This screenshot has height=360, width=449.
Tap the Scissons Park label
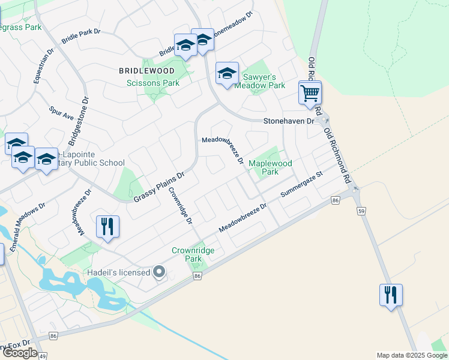pos(153,83)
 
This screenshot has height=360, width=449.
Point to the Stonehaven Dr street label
pos(289,121)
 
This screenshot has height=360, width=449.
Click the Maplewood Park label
pos(270,167)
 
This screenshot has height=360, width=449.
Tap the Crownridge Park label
pos(193,254)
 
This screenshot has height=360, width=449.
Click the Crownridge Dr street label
pos(180,206)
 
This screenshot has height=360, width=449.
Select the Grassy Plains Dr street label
pos(158,186)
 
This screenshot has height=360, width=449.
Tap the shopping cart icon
pos(310,93)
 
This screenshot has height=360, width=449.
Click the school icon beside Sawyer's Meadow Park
pos(227,74)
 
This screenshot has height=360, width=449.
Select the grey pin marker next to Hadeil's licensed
pos(159,272)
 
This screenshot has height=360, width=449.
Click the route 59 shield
pos(360,211)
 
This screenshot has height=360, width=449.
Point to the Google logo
pos(20,353)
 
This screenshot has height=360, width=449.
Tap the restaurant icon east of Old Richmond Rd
pos(390,295)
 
